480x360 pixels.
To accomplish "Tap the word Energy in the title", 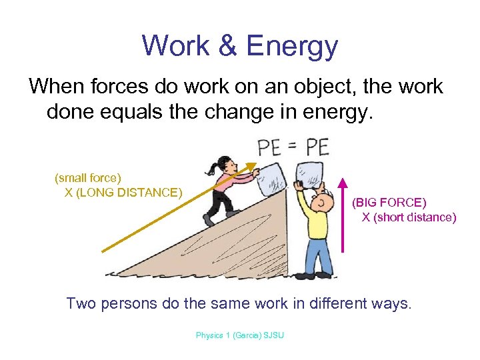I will click(x=292, y=46).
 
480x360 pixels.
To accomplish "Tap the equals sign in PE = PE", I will click(x=294, y=146).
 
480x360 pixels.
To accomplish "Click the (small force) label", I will click(x=88, y=178).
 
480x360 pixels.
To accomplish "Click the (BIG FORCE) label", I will click(x=389, y=202).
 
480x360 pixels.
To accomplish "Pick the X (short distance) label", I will click(x=409, y=217).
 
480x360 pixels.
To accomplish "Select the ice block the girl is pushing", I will click(x=272, y=178).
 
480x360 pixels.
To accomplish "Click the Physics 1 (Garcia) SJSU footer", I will click(x=239, y=335).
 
